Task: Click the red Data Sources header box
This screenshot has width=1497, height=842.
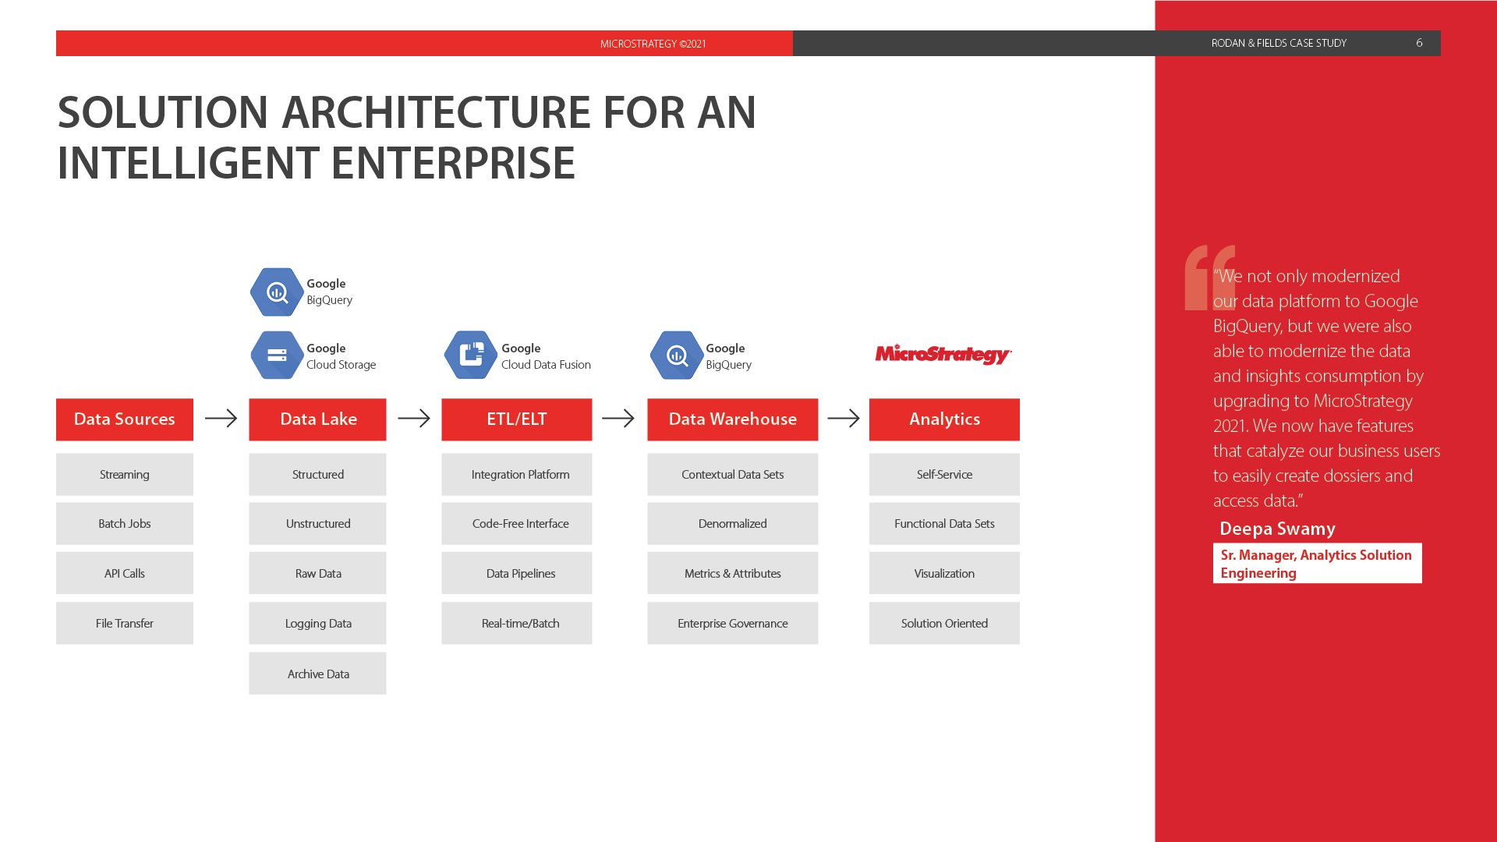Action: point(125,419)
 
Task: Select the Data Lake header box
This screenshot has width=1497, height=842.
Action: point(317,419)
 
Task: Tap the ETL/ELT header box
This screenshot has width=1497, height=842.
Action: point(517,419)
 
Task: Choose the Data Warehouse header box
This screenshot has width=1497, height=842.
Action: point(733,419)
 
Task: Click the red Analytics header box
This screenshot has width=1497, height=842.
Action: point(944,419)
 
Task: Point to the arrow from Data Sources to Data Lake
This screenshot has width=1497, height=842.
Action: point(221,419)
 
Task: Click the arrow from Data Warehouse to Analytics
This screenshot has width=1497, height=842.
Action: point(844,419)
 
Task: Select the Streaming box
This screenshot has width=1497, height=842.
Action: point(125,474)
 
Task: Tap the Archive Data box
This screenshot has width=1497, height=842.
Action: point(317,674)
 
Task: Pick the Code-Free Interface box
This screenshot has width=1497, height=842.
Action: point(517,523)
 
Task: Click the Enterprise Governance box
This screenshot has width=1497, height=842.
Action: point(733,623)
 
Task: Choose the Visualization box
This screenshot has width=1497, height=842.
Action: point(944,573)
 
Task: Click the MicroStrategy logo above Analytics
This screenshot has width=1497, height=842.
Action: point(943,355)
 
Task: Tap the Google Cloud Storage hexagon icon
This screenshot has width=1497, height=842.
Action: point(277,356)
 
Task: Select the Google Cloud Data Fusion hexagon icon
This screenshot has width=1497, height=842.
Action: point(471,356)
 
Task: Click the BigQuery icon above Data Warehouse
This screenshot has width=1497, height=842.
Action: point(677,356)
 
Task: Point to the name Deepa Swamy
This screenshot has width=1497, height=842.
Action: point(1277,529)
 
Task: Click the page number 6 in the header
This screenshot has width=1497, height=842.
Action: point(1419,43)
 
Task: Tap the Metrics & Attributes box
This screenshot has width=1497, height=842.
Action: point(733,573)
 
